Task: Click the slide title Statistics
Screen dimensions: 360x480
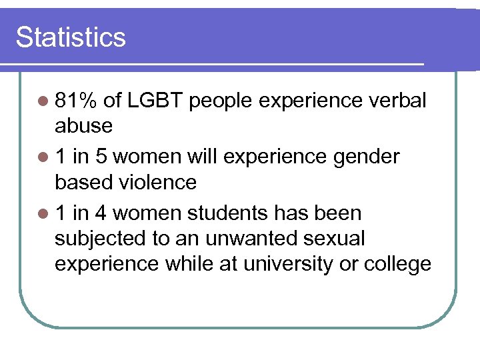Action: (x=71, y=37)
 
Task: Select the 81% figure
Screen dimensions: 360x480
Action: (x=77, y=101)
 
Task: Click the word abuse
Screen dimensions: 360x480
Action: (x=83, y=125)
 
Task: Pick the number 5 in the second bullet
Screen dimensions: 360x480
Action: (x=103, y=157)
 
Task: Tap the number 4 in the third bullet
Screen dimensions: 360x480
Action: (x=103, y=213)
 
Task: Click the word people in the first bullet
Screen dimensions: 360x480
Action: (x=222, y=102)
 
